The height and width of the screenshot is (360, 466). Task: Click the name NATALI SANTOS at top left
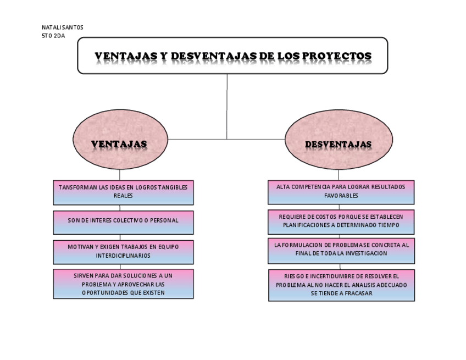[x=62, y=27]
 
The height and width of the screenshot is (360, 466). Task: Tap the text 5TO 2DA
[x=53, y=35]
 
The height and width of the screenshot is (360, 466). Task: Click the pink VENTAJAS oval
[x=120, y=140]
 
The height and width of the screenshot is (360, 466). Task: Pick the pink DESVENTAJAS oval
[x=339, y=140]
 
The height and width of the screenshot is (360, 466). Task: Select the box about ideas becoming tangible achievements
[x=123, y=192]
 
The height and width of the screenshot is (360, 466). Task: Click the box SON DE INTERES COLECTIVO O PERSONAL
[x=123, y=221]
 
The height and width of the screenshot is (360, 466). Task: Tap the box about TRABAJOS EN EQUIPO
[x=123, y=251]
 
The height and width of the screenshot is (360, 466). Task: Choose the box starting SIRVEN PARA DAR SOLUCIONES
[x=123, y=284]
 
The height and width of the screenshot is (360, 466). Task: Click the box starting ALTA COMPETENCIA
[x=341, y=191]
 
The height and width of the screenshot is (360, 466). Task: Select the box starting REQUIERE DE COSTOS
[x=341, y=221]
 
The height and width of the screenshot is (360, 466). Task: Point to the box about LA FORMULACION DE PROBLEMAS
[x=341, y=250]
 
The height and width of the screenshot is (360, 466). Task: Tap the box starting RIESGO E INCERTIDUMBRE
[x=341, y=285]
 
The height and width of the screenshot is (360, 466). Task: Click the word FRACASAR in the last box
[x=358, y=293]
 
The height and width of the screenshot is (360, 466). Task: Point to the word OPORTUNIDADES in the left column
[x=107, y=293]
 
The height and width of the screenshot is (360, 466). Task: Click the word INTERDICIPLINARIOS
[x=123, y=256]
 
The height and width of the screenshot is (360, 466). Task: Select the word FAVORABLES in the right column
[x=341, y=196]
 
